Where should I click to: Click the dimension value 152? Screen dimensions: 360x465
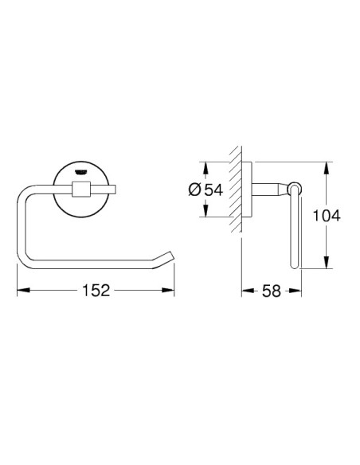click(x=96, y=291)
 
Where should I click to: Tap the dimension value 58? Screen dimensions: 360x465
click(x=272, y=291)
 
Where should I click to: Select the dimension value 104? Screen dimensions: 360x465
click(x=327, y=216)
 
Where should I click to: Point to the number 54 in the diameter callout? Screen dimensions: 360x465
click(x=213, y=190)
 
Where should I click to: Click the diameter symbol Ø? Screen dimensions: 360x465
click(x=195, y=190)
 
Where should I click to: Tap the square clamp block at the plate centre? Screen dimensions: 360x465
click(x=80, y=190)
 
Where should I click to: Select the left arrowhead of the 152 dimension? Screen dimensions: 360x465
click(x=23, y=290)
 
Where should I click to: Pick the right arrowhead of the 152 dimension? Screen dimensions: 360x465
click(x=168, y=290)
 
